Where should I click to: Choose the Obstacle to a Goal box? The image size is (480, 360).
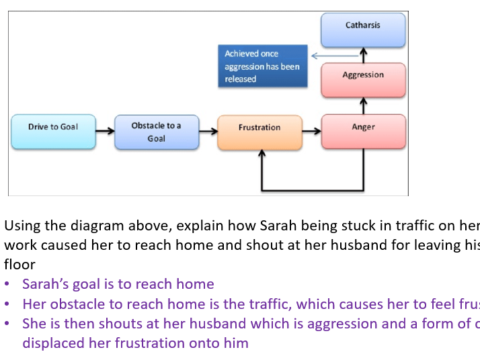click(156, 132)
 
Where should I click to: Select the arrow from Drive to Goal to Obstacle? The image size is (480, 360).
click(105, 131)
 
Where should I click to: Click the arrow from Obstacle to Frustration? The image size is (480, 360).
click(208, 131)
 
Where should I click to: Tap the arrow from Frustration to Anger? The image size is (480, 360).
click(311, 131)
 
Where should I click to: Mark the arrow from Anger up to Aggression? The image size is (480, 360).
click(363, 105)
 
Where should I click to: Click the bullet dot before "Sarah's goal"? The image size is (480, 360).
click(7, 285)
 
